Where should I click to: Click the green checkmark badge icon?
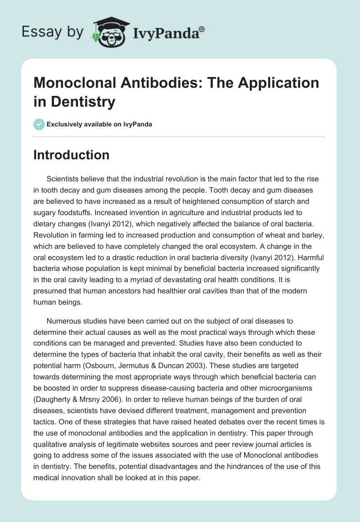tap(39, 124)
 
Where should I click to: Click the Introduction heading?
tap(71, 155)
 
